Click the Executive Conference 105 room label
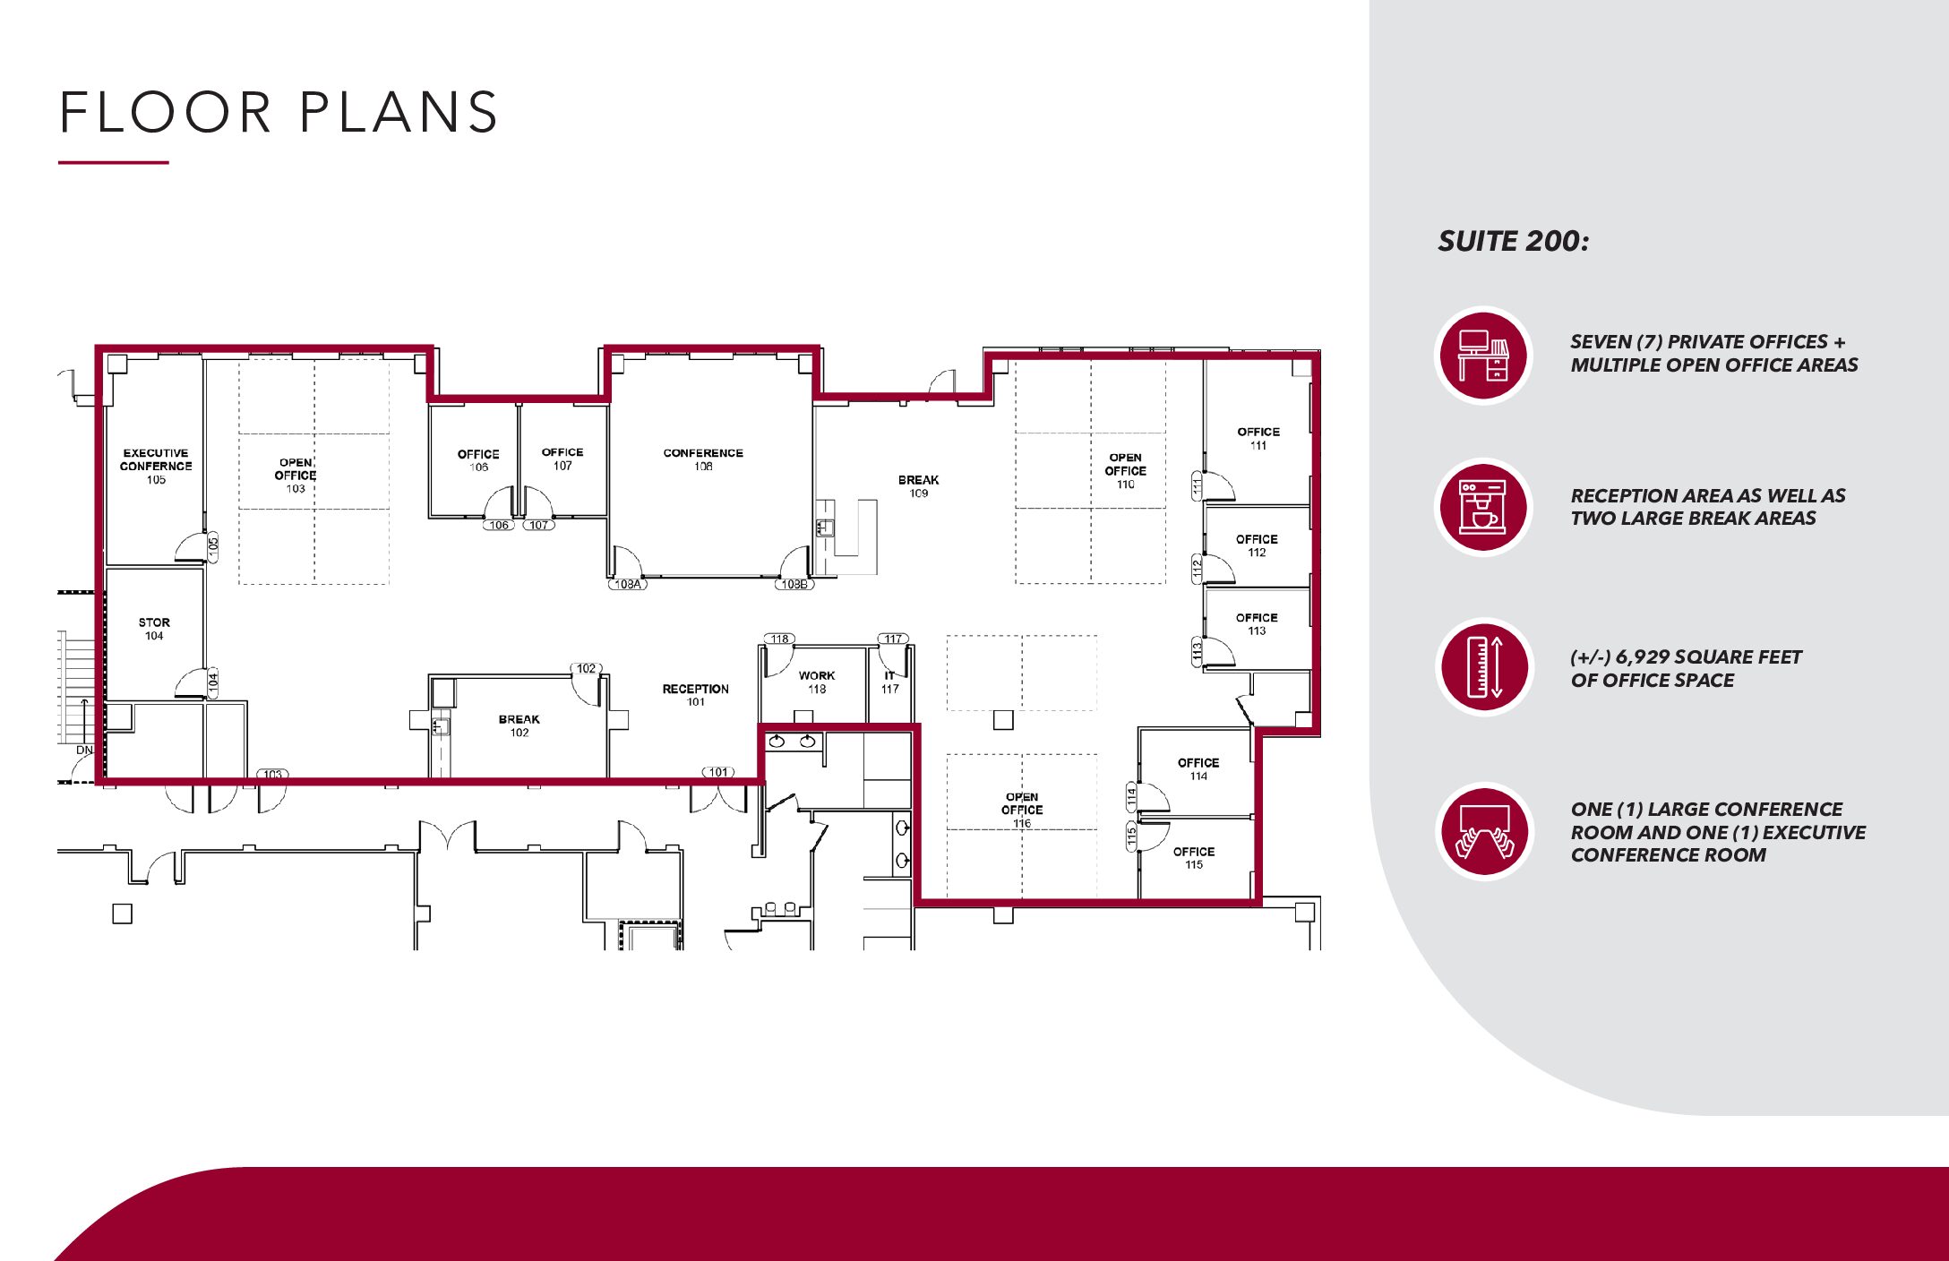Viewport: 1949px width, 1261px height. [x=156, y=466]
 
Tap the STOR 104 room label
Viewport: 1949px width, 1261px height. [x=154, y=629]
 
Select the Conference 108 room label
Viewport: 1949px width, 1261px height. [x=703, y=459]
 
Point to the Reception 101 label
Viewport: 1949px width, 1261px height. [x=696, y=695]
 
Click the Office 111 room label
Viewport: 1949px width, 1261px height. [x=1258, y=438]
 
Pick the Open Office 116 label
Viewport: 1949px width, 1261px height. [x=1022, y=810]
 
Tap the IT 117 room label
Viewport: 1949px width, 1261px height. [x=889, y=682]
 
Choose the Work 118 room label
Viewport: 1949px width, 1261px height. [x=817, y=682]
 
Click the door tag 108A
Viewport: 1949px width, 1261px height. [x=628, y=584]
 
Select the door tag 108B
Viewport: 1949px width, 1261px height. [x=794, y=584]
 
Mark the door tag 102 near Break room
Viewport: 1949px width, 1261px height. [x=587, y=668]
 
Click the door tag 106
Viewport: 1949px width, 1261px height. [x=499, y=525]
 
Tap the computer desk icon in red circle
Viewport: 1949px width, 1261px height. [x=1484, y=356]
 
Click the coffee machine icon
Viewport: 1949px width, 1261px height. [x=1483, y=507]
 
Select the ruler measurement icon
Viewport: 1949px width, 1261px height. [x=1484, y=666]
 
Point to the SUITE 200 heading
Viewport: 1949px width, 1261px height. [x=1513, y=241]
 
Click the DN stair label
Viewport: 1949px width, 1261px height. [x=84, y=750]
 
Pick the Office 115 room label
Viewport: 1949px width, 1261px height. [x=1194, y=858]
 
